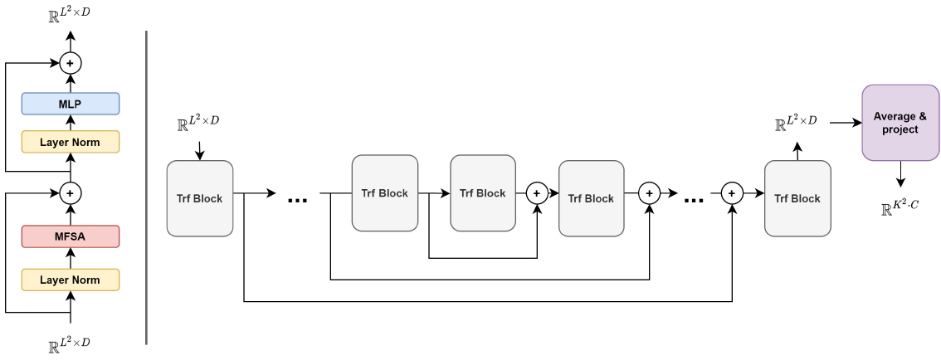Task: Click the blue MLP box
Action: (x=71, y=104)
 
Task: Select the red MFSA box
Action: (x=71, y=236)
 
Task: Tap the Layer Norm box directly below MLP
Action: (x=71, y=142)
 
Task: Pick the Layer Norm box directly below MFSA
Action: (x=71, y=280)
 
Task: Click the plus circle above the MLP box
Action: (x=71, y=62)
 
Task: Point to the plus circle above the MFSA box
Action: (x=71, y=192)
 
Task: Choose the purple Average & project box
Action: (x=900, y=123)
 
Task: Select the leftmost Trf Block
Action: (x=200, y=198)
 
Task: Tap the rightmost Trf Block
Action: (x=797, y=198)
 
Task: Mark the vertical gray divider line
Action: (x=147, y=187)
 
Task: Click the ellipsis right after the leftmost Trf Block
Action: (x=298, y=200)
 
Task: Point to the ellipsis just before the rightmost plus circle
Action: (x=694, y=200)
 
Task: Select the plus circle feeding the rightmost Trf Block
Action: (x=731, y=193)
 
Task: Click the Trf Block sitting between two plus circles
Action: (x=592, y=198)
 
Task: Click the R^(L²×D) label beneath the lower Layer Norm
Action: (x=70, y=343)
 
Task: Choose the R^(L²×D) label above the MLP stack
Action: (x=70, y=14)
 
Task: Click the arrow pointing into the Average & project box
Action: (x=846, y=123)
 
